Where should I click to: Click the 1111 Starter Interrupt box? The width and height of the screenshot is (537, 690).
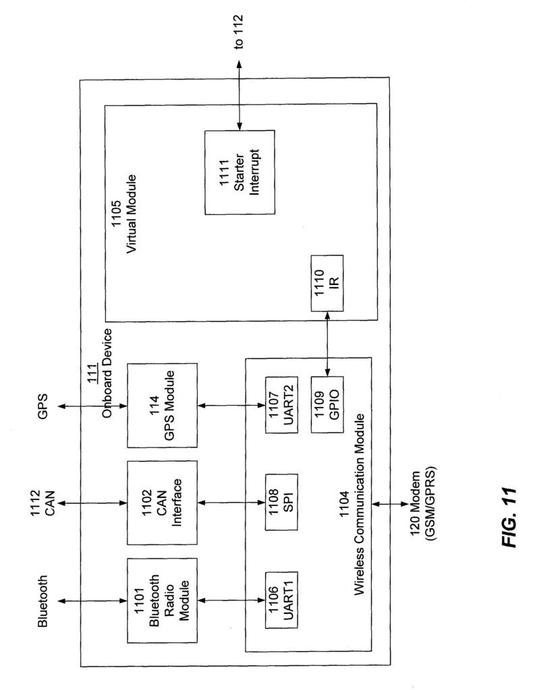(x=239, y=172)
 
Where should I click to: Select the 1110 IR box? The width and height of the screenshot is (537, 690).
(x=327, y=283)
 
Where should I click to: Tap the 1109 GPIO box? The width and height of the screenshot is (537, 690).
(x=327, y=404)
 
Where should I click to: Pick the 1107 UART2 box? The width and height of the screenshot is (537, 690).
(x=281, y=404)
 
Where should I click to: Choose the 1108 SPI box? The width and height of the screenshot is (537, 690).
(x=281, y=502)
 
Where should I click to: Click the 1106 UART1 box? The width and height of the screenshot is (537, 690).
(x=281, y=600)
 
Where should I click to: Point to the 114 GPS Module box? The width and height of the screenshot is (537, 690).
(x=162, y=405)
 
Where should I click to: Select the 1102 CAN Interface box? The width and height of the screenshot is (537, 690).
(x=162, y=503)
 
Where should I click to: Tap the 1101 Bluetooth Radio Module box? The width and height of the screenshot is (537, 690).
(x=162, y=600)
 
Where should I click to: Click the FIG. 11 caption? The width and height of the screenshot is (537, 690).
(x=509, y=517)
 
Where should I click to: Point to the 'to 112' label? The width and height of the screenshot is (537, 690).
(x=238, y=32)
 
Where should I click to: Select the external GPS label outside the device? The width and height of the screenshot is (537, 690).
(x=43, y=406)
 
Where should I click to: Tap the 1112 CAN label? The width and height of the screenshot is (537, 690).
(x=43, y=503)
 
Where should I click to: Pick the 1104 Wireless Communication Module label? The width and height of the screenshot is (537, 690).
(x=352, y=504)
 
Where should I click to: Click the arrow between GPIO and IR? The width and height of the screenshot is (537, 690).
(x=327, y=344)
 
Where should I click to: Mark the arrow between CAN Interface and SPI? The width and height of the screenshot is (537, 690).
(x=231, y=503)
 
